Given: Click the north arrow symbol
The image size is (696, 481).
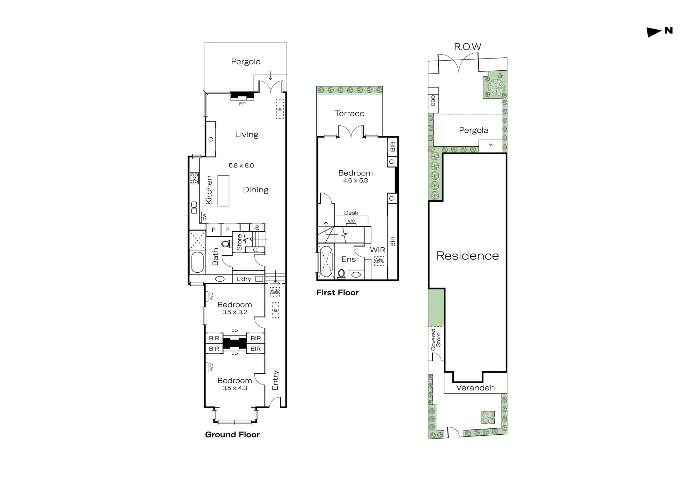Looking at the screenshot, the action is point(654,32).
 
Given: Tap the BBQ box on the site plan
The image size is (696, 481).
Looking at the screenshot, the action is point(433,100).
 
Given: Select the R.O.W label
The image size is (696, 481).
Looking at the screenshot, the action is point(467,47).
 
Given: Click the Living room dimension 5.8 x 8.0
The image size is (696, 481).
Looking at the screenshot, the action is point(241,165).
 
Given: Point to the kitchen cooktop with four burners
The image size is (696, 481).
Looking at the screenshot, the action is point(194,178).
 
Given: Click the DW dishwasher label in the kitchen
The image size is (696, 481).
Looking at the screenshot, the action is point(204,217).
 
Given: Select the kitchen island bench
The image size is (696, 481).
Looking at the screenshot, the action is point(223,191).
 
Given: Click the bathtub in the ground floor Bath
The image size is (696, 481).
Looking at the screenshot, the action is point(197,262).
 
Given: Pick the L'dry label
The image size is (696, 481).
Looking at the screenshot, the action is point(244,279).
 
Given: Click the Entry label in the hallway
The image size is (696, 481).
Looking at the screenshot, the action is point(275,380).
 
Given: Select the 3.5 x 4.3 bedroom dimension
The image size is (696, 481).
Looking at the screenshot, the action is point(235,388).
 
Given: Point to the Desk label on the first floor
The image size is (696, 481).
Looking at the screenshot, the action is point(351,213).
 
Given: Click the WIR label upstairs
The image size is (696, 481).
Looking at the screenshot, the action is point(378,250).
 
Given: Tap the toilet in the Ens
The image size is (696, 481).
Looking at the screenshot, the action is point(341,274).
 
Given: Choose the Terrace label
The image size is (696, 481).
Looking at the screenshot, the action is point(349,113).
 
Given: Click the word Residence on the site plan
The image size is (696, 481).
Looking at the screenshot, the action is point(467,256).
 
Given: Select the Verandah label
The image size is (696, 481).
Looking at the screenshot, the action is point(475,388).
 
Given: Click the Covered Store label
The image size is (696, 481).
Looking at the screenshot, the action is point(436,340).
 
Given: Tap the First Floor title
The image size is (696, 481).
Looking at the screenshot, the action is point(337,293).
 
